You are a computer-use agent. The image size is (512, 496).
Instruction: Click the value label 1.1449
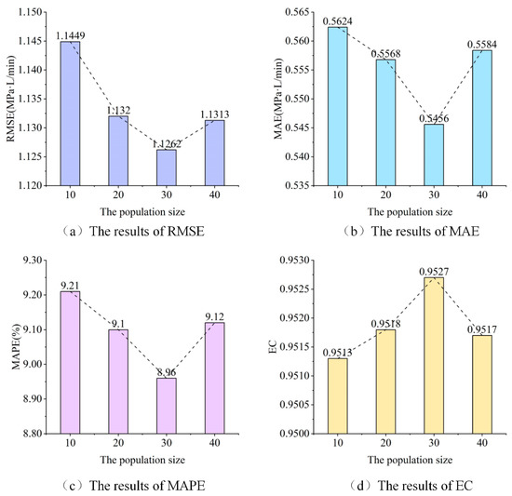click(x=68, y=35)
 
